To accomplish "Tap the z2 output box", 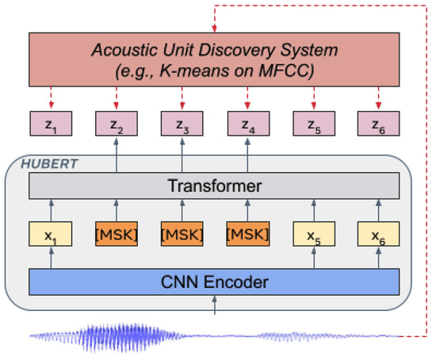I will [x=116, y=124].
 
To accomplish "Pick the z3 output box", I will [x=182, y=124].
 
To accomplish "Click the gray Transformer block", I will [x=214, y=186].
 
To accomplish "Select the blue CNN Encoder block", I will [x=214, y=281].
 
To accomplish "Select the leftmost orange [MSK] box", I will [x=116, y=236].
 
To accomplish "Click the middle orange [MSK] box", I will [x=182, y=236].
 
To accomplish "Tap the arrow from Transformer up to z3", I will [x=182, y=155].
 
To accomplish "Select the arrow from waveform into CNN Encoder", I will [x=215, y=307].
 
